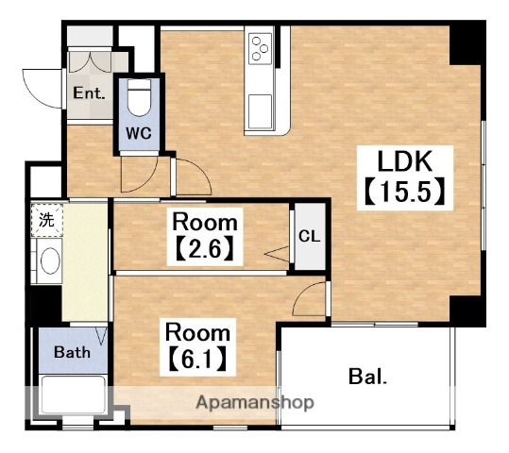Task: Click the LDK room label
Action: tap(405, 161)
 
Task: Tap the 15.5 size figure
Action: tap(405, 192)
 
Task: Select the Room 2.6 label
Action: tap(205, 236)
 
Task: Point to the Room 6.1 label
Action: tap(198, 346)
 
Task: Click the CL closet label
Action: tap(310, 236)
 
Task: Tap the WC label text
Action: tap(139, 133)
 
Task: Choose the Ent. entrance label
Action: tap(89, 93)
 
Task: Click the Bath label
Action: tap(72, 352)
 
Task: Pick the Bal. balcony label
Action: tap(367, 377)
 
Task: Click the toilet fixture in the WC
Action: tap(140, 97)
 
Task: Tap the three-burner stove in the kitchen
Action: tap(261, 48)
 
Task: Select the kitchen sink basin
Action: tap(261, 111)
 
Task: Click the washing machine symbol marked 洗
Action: tap(47, 220)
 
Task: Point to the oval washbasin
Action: tap(50, 260)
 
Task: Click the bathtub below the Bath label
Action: tap(74, 394)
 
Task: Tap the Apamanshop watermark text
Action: tap(255, 403)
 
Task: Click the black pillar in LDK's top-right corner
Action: tap(465, 45)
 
